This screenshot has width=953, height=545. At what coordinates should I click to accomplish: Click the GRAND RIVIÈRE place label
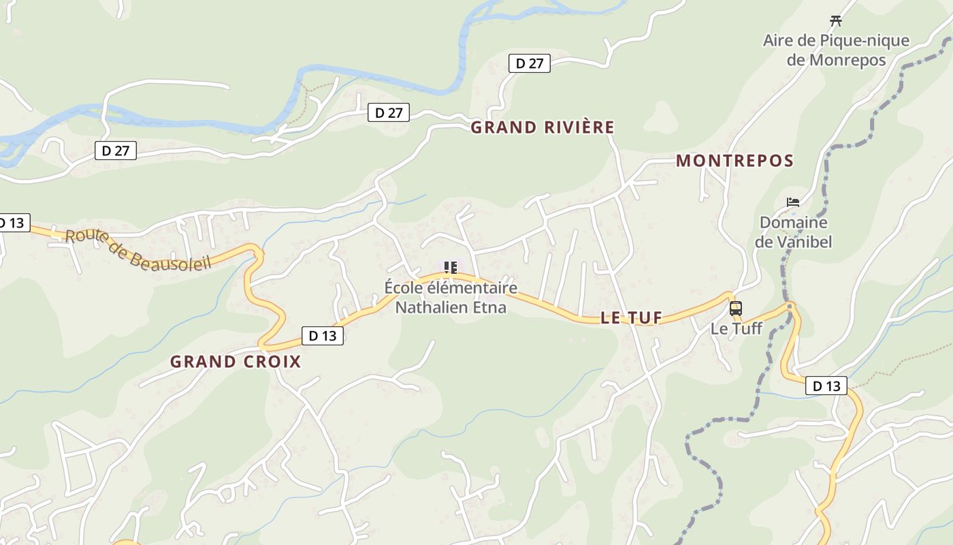[543, 127]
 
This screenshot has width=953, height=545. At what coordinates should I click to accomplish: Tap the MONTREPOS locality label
[734, 161]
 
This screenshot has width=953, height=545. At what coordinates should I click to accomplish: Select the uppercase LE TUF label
[631, 317]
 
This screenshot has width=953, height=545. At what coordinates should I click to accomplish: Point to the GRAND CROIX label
[236, 362]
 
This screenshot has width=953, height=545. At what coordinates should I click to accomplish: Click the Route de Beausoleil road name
[138, 250]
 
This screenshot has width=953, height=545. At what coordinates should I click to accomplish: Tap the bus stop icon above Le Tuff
[735, 309]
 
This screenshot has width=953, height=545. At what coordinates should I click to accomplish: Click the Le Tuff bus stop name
[736, 328]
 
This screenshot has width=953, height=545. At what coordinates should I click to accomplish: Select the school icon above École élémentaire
[450, 268]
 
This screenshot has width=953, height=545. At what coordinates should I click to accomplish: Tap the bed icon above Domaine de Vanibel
[793, 202]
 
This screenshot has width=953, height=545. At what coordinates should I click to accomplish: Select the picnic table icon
[836, 21]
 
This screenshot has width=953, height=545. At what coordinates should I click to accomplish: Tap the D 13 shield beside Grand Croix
[323, 336]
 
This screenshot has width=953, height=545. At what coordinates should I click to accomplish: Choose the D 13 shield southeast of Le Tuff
[826, 386]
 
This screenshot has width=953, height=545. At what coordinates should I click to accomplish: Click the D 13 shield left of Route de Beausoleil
[12, 223]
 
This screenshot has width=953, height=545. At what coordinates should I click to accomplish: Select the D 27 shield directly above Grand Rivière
[529, 64]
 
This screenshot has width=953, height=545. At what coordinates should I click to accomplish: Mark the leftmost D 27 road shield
[116, 151]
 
